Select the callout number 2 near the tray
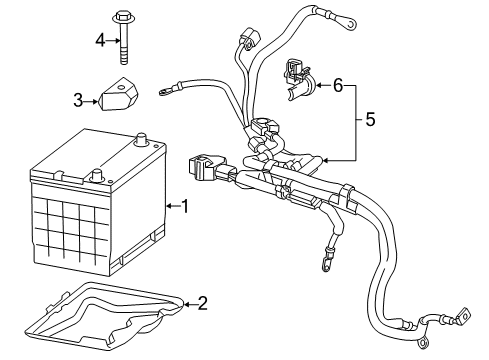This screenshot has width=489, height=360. pyautogui.click(x=202, y=301)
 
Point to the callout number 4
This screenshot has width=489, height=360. pyautogui.click(x=100, y=40)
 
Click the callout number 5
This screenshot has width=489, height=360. pyautogui.click(x=370, y=121)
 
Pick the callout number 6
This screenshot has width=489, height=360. pyautogui.click(x=337, y=87)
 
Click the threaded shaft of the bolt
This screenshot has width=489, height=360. pyautogui.click(x=126, y=45)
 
